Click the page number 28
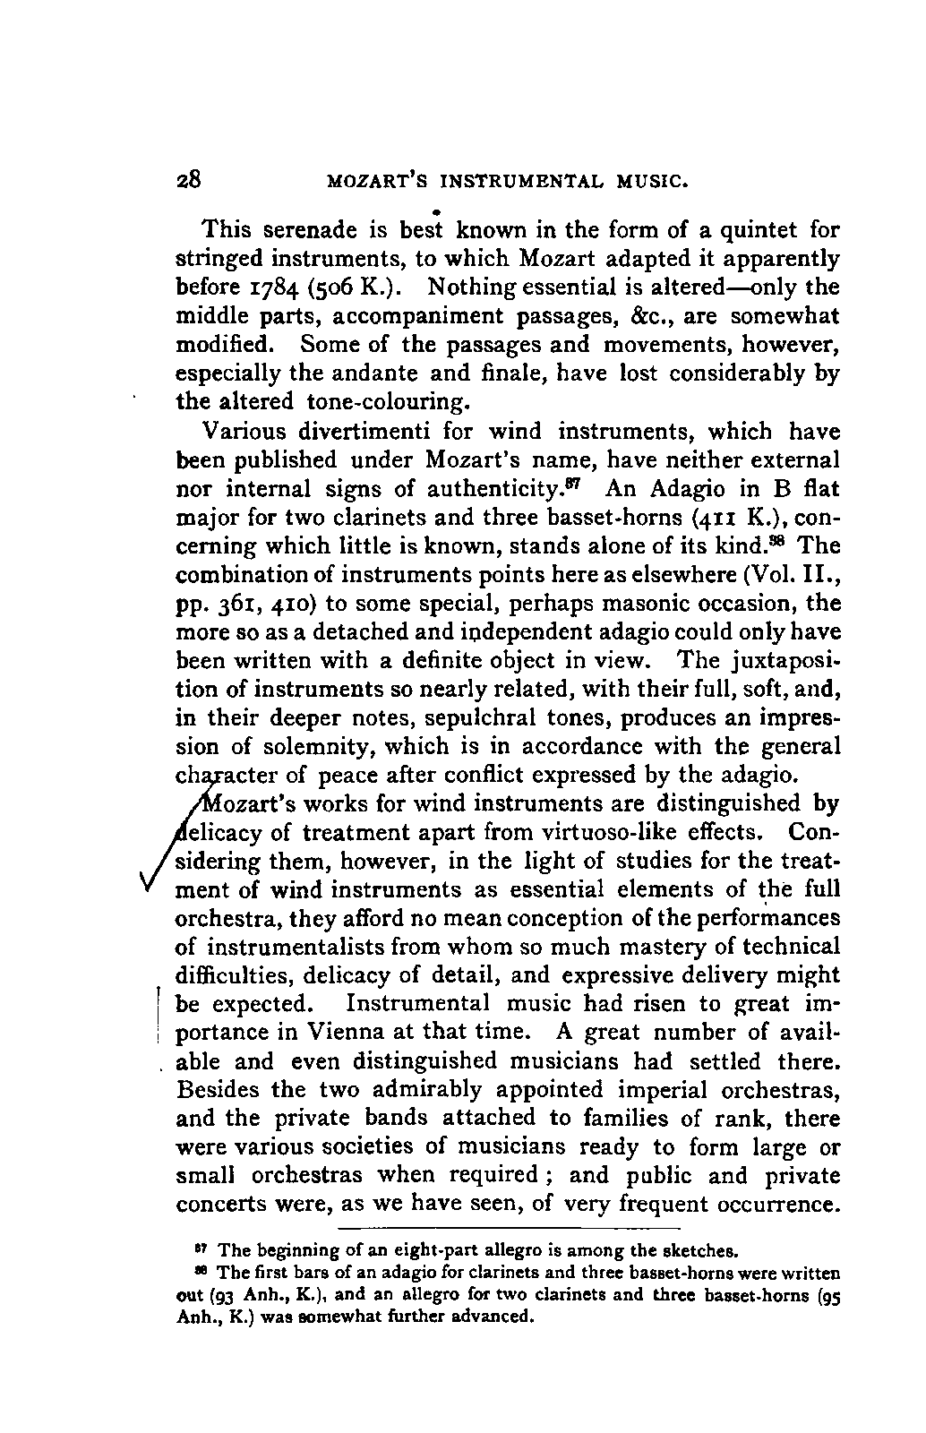190,178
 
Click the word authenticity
520,489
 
